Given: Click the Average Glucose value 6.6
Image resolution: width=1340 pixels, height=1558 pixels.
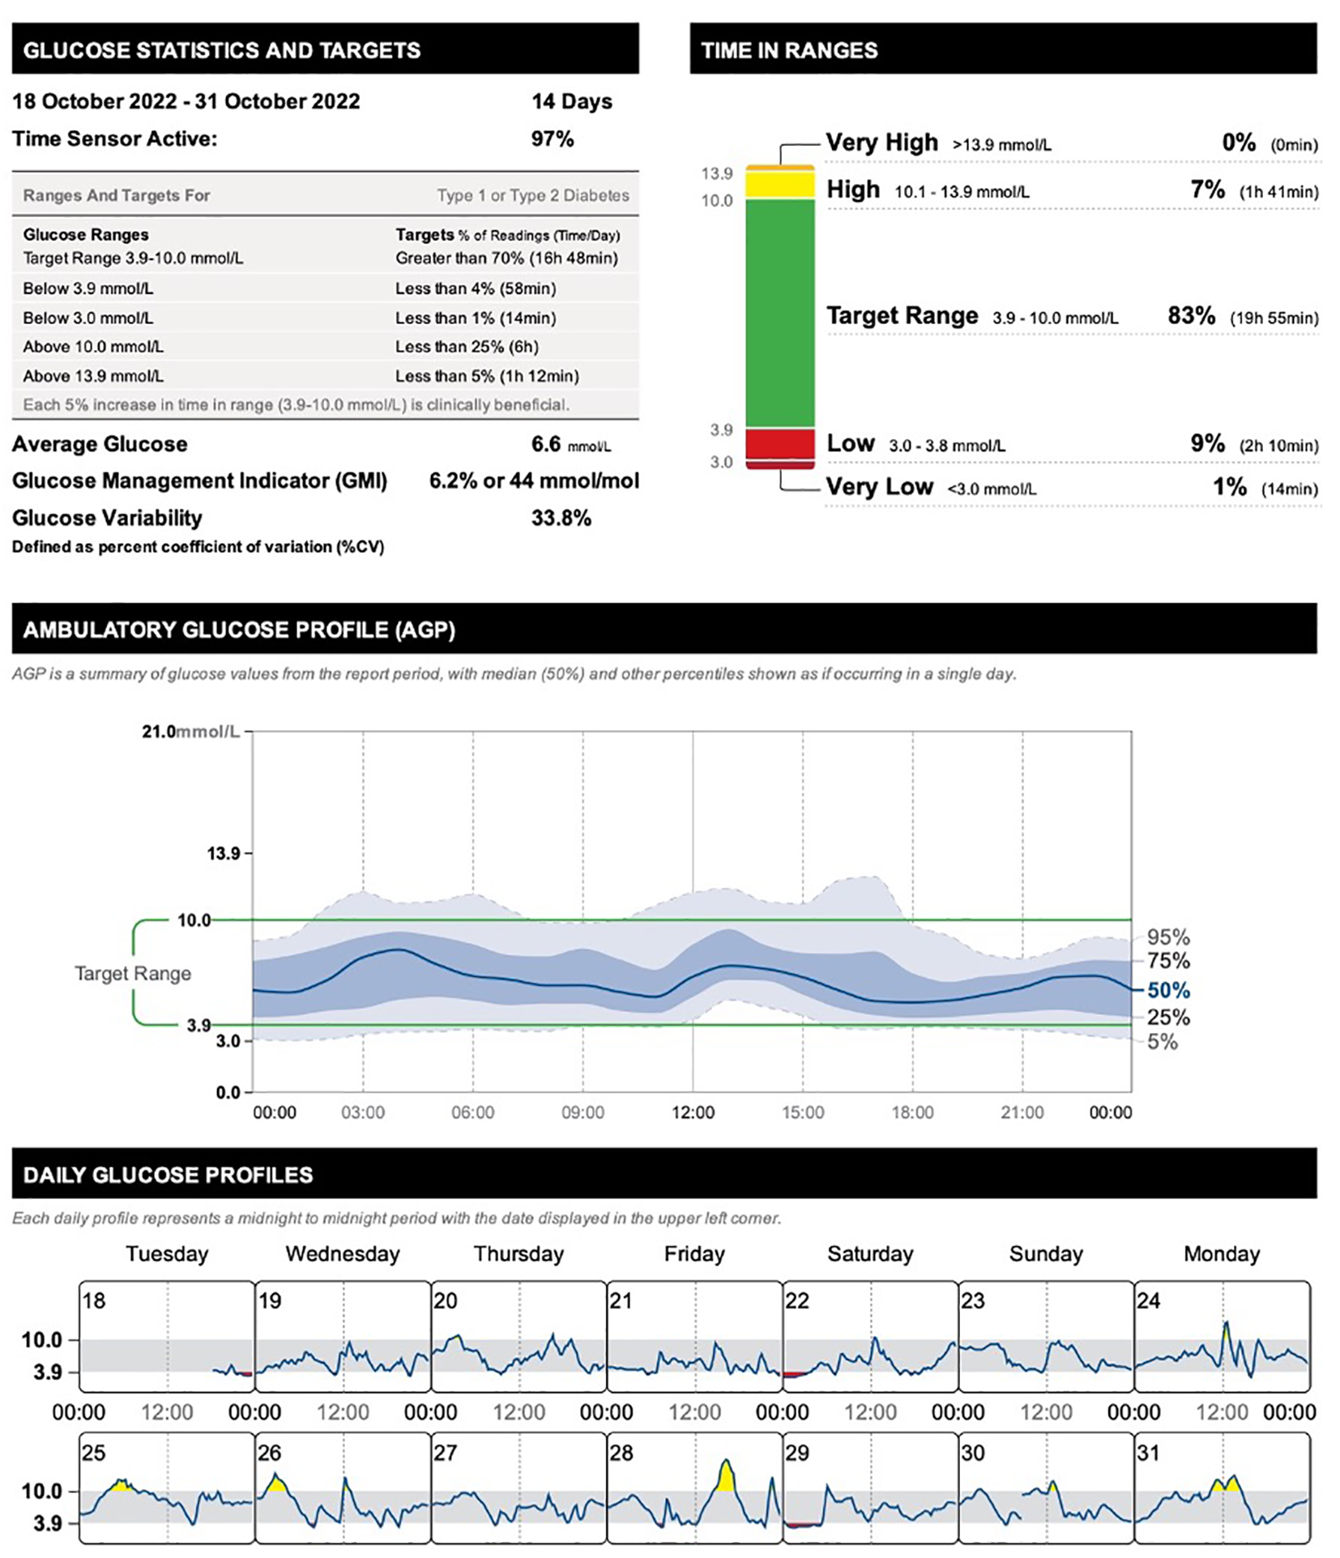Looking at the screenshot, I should [x=545, y=444].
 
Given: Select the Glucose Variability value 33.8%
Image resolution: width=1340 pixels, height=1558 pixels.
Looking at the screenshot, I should [x=561, y=518].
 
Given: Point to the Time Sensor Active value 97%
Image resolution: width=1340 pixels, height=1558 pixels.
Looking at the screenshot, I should [x=552, y=139].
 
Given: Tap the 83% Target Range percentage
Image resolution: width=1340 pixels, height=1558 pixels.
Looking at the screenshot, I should [x=1190, y=316].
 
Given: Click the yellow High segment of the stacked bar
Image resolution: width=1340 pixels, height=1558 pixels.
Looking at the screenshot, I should [x=779, y=185].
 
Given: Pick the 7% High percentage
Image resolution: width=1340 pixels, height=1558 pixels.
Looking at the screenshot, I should [x=1206, y=190].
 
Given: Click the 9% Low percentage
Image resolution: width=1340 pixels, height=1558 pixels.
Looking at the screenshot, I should [x=1206, y=443].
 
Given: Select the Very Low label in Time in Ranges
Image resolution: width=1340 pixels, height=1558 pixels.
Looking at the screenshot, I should [x=879, y=487].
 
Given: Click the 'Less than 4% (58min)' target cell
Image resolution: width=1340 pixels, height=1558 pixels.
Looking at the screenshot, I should [x=476, y=288].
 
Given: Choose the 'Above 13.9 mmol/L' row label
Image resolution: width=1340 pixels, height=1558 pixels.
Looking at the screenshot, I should [x=93, y=376].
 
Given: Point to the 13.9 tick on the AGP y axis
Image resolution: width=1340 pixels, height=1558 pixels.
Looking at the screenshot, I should [x=224, y=853].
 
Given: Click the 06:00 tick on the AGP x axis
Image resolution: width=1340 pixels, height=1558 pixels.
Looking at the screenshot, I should [x=472, y=1112].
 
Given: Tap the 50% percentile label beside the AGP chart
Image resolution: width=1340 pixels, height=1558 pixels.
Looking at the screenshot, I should [x=1168, y=990].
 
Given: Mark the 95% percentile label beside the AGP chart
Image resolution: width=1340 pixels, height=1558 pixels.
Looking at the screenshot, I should [x=1168, y=937].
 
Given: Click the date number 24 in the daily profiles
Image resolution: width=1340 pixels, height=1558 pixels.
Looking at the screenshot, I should [x=1148, y=1301].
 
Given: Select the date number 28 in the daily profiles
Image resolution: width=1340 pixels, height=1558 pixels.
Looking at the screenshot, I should [x=621, y=1453].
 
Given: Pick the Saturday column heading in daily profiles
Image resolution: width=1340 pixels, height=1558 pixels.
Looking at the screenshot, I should [x=870, y=1254].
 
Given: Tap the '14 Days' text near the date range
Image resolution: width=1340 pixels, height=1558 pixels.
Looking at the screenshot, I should [x=571, y=101].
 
